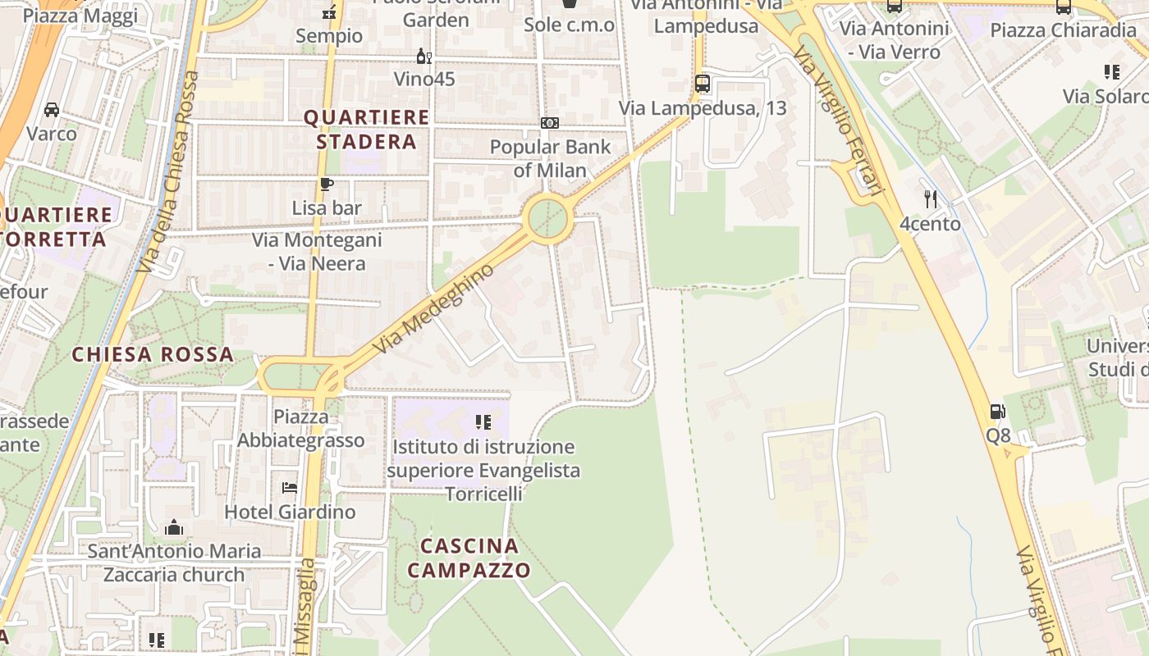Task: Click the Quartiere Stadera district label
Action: click(366, 130)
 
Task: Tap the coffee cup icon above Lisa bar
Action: click(327, 184)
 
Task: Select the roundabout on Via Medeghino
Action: click(547, 219)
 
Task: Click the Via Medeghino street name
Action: click(435, 308)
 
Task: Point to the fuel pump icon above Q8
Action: click(998, 412)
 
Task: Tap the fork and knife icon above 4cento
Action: click(930, 198)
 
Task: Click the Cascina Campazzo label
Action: click(469, 558)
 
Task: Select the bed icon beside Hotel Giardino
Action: click(289, 487)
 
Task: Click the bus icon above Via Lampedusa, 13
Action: click(702, 83)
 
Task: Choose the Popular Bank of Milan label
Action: click(551, 158)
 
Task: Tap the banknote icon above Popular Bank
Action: click(550, 123)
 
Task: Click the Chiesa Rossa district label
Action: click(153, 355)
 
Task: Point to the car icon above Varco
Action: click(51, 110)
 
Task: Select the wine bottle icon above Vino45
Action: click(423, 57)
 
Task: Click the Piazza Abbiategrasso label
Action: click(301, 429)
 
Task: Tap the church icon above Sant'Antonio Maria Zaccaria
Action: click(174, 527)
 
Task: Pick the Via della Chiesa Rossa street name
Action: click(168, 172)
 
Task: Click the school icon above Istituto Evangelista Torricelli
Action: click(483, 422)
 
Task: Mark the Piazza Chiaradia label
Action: click(1063, 30)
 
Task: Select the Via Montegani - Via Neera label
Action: click(317, 252)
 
